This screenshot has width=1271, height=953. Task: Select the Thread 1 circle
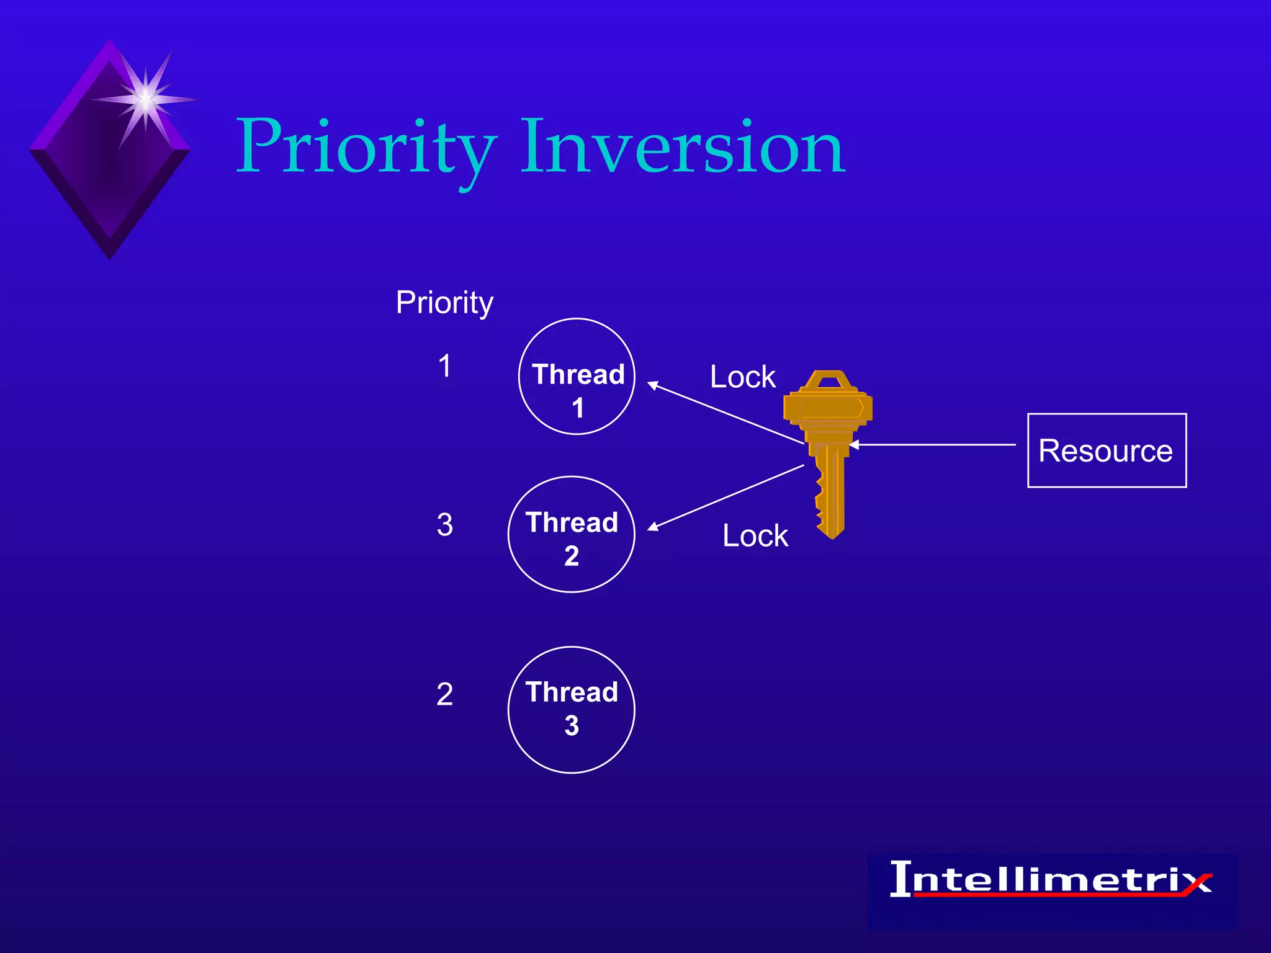tap(577, 377)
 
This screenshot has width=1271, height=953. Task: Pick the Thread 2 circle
tap(572, 535)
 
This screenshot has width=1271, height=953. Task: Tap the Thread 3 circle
tap(572, 710)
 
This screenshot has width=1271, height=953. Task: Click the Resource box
tap(1107, 450)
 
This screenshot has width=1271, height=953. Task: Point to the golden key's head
tap(828, 403)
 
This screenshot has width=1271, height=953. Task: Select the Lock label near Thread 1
tap(742, 377)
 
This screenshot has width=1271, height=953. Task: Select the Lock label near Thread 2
tap(755, 535)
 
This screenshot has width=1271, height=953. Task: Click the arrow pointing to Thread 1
tap(726, 413)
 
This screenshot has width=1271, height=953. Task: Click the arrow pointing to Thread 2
tap(726, 497)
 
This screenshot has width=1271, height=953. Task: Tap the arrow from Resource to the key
tap(931, 445)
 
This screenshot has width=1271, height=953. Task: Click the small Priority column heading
tap(444, 303)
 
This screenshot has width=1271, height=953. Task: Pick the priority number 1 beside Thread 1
tap(444, 365)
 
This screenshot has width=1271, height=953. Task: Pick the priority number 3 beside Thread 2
tap(444, 525)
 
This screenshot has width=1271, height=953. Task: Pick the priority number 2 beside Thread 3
tap(444, 694)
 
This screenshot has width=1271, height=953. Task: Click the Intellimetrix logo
tap(1051, 881)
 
